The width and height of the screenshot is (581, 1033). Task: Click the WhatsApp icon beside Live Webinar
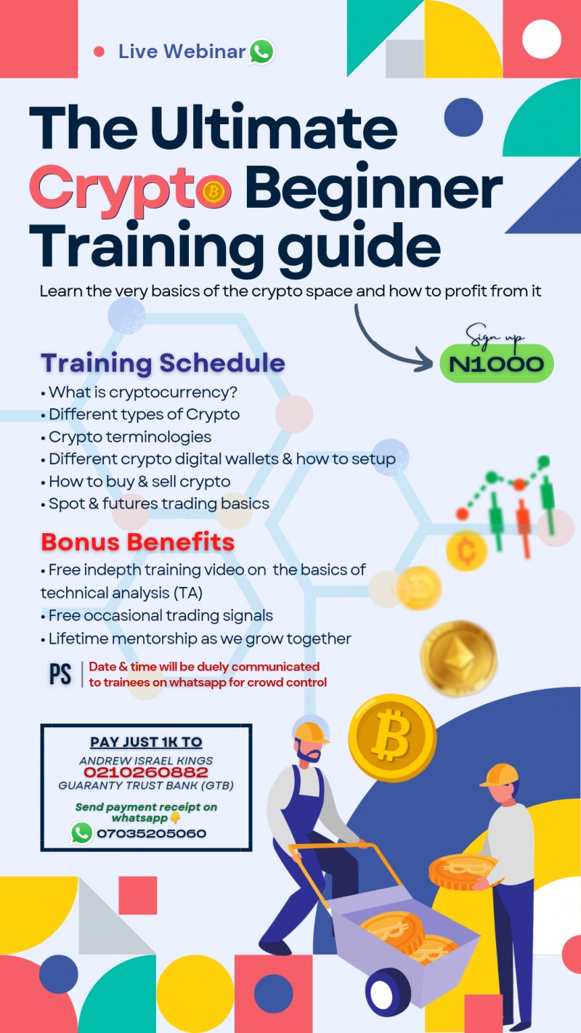[x=261, y=52]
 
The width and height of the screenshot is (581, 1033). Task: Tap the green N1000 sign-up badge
[x=496, y=364]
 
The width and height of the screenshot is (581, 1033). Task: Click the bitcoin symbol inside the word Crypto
[x=215, y=192]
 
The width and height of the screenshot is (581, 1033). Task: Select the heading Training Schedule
[x=163, y=362]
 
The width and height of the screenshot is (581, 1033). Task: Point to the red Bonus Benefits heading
[x=137, y=542]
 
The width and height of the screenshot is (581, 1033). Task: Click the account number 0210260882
[x=145, y=773]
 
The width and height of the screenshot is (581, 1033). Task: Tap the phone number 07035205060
[x=151, y=833]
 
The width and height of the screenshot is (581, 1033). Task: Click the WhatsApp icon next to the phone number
[x=81, y=833]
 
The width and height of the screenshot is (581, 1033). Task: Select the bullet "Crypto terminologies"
[x=130, y=437]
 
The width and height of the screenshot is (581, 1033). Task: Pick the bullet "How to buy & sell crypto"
[x=139, y=481]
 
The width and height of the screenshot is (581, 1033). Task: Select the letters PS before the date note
[x=60, y=674]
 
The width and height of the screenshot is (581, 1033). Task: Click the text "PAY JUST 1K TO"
[x=146, y=742]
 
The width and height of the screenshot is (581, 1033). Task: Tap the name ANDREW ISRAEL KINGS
[x=146, y=759]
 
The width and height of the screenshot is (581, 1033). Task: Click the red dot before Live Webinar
[x=99, y=52]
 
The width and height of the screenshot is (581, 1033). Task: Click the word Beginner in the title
[x=373, y=190]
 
